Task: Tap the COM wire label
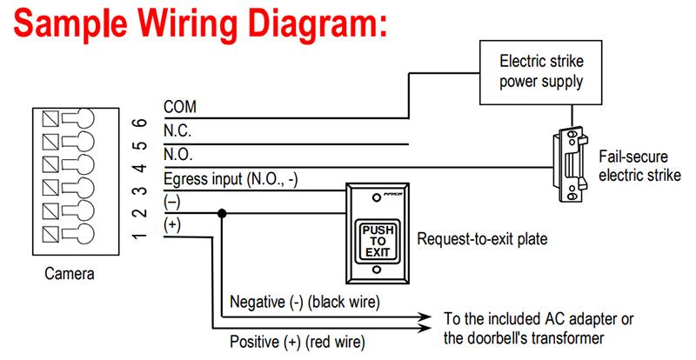click(x=180, y=106)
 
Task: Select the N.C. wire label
click(x=178, y=130)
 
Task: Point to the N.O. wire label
click(x=178, y=155)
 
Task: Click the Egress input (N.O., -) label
click(x=231, y=180)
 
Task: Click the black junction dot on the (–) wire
click(x=223, y=212)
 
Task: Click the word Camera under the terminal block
click(x=69, y=274)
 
